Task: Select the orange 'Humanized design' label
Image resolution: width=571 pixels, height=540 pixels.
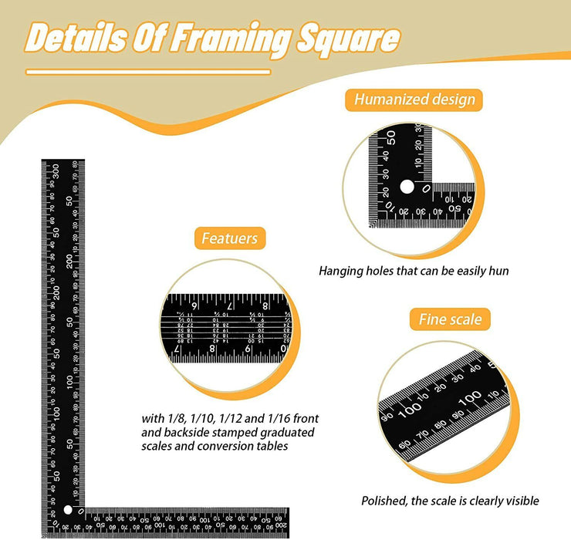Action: (414, 99)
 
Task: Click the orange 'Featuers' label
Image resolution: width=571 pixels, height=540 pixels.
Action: (229, 238)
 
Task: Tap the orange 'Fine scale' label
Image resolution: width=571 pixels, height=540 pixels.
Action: (450, 319)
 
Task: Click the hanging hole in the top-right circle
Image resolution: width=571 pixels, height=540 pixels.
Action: (407, 187)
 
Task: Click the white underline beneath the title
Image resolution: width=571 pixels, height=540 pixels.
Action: (148, 72)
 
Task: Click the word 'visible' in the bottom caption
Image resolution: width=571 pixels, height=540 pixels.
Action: (521, 501)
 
